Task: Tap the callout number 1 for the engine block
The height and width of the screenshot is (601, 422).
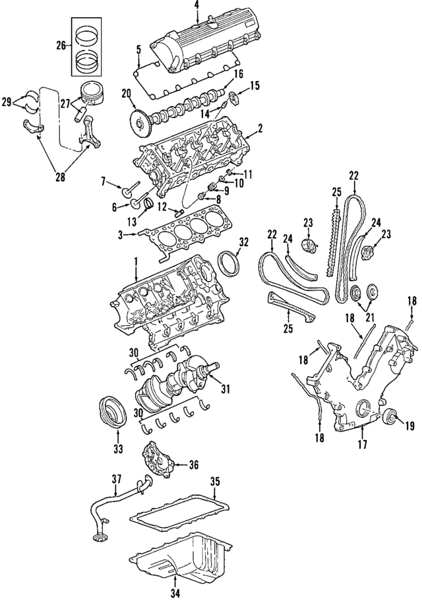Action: pos(136,261)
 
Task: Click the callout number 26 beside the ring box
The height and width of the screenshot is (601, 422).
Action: pos(61,46)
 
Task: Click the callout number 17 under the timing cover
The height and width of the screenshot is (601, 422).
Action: pos(362,445)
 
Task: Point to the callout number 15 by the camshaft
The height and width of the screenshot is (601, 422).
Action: pos(255,85)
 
